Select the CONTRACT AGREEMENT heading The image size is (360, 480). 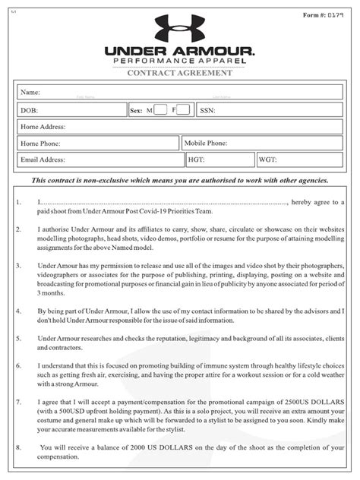180,73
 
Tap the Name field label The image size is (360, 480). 31,92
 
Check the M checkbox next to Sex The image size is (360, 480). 160,110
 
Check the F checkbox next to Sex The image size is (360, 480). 183,110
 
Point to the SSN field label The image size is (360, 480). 207,110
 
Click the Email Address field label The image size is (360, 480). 43,160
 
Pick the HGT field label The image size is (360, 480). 197,160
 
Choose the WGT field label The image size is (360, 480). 267,160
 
